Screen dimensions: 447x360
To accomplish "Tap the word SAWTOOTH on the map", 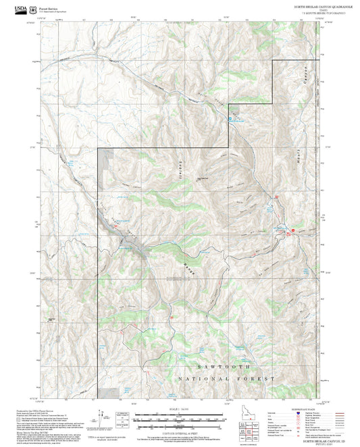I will (x=228, y=365).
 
